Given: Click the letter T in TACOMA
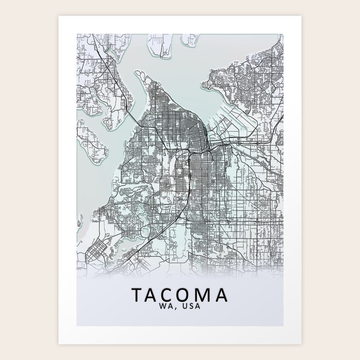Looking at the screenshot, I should click(139, 295).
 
